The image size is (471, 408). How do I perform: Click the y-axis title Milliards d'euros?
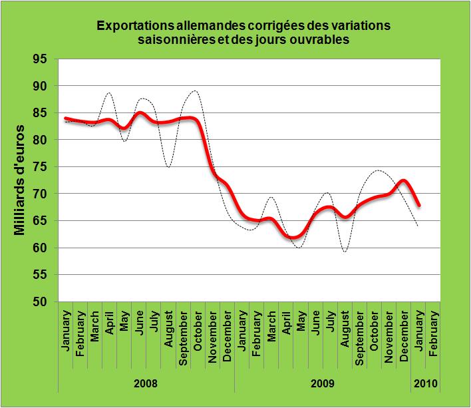[19, 180]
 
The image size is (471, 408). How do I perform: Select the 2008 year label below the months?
[146, 384]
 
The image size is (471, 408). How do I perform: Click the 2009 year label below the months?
[323, 384]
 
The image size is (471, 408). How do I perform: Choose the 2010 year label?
[426, 384]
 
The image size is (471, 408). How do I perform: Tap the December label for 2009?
[404, 335]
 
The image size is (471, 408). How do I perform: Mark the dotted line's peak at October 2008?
[194, 91]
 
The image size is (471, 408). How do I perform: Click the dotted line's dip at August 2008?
[169, 167]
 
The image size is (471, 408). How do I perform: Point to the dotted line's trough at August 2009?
[345, 252]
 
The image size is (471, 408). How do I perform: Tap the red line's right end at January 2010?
[419, 206]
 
